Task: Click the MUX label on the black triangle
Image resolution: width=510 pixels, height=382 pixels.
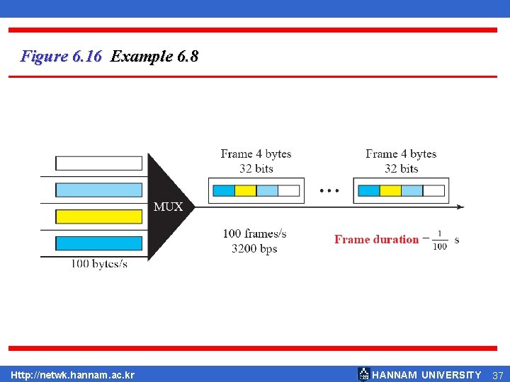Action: [169, 207]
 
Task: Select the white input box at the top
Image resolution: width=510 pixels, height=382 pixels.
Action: [99, 163]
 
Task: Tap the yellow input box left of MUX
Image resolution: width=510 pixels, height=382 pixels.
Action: [99, 216]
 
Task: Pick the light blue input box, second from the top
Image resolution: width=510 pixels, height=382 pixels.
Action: [99, 190]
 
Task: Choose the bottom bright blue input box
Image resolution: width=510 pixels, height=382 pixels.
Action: [99, 243]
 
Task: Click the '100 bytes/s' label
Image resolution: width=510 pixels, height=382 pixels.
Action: [99, 264]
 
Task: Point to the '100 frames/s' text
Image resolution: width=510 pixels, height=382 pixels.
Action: [254, 233]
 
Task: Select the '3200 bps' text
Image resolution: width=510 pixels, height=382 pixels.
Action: [254, 248]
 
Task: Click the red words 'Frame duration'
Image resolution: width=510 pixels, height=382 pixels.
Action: [376, 239]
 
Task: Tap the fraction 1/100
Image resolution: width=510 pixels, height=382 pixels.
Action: [440, 240]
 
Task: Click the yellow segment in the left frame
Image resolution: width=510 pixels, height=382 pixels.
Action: [245, 190]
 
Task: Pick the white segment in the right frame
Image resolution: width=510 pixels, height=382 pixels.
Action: [433, 190]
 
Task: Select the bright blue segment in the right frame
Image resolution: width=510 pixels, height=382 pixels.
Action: [368, 190]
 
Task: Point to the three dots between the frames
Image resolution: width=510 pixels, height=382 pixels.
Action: [329, 190]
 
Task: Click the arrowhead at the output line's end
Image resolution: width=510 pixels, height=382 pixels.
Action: [460, 207]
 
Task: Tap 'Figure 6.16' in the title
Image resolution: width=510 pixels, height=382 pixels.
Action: [62, 56]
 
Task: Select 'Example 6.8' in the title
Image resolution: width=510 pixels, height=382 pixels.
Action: [154, 56]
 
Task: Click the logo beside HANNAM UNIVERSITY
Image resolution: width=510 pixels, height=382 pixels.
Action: [363, 374]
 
